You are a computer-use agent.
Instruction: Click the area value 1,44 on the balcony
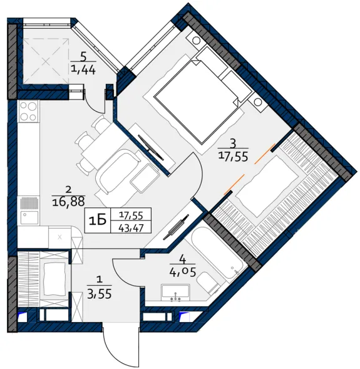pos(83,70)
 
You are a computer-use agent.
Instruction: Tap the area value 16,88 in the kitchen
pos(68,202)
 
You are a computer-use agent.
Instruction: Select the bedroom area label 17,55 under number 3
pos(234,156)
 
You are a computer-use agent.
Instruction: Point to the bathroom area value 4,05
pos(182,272)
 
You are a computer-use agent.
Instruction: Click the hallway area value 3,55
pos(99,293)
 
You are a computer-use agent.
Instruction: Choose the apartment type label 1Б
pos(98,221)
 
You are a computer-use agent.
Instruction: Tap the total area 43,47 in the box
pos(131,228)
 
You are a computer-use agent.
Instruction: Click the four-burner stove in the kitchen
pos(29,112)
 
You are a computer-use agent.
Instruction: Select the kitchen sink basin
pos(29,217)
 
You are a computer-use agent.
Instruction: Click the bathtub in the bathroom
pos(217,252)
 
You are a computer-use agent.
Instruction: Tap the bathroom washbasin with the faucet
pos(175,293)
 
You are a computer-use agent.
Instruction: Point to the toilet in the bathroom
pos(208,283)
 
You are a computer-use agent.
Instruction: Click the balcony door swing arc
pos(91,105)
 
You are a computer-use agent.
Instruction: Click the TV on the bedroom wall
pos(150,148)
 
